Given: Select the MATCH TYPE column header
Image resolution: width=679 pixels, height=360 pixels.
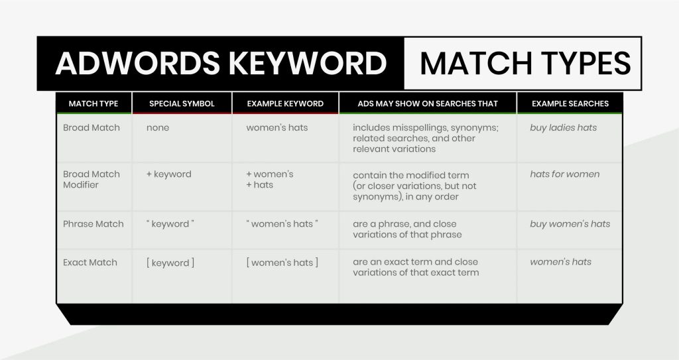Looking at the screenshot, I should coord(93,103).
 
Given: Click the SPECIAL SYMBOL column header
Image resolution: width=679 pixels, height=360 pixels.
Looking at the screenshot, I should coord(182,103).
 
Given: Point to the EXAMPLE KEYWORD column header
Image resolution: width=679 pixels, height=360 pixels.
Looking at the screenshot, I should coord(285,103).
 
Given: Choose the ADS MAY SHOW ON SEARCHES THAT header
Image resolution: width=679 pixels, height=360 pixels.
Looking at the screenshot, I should coord(428,103).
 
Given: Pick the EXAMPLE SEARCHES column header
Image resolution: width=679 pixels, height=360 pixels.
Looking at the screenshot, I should coord(570,103).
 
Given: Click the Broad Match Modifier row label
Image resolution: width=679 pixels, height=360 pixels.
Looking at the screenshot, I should coord(92,179).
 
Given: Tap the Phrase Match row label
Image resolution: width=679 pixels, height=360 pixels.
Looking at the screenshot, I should coord(93,224).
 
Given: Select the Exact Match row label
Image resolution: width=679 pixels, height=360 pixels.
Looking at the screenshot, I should coord(90,263).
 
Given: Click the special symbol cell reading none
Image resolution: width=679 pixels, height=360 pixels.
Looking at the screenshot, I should coord(158,127).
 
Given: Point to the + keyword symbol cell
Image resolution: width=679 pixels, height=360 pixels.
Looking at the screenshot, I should coord(168,174).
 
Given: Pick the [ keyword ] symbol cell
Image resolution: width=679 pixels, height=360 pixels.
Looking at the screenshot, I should coord(170,263).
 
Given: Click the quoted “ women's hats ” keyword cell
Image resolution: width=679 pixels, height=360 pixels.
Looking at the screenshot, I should coord(282,224).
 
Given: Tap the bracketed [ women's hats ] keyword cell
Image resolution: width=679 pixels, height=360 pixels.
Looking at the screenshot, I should coord(282,263).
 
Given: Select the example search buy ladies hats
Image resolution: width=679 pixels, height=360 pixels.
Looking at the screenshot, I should coord(564,127).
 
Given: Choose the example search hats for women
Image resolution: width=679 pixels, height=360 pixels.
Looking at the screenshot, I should coord(565,174).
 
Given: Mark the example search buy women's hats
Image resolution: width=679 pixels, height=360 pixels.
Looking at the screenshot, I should coord(570,224).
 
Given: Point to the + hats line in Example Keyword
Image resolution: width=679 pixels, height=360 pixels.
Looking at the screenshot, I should coord(260,185).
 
